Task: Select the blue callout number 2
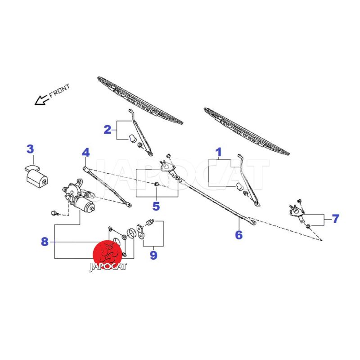click(x=107, y=130)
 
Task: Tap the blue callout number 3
click(x=30, y=149)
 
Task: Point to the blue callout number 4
click(x=85, y=153)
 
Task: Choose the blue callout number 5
click(x=156, y=207)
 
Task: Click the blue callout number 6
click(x=238, y=235)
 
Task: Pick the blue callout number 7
click(x=335, y=219)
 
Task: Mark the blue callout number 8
click(x=45, y=242)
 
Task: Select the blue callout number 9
click(x=153, y=255)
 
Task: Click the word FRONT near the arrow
click(x=59, y=90)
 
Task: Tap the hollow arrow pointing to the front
click(x=41, y=99)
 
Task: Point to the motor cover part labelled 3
click(x=36, y=177)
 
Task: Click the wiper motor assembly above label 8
click(x=78, y=198)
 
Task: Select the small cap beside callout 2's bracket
click(x=133, y=138)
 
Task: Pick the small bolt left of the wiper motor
click(x=54, y=211)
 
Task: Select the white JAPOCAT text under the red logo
click(x=108, y=266)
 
